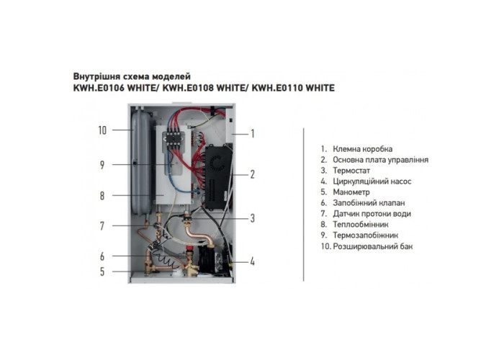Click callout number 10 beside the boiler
[x=102, y=130]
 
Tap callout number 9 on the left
[x=102, y=165]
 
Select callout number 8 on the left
[x=102, y=195]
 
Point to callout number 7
[x=102, y=225]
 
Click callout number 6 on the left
[x=102, y=256]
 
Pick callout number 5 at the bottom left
[x=102, y=271]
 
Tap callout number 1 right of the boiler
[x=253, y=133]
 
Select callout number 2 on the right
[x=253, y=174]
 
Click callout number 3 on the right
[x=253, y=217]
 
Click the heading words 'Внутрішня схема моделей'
[x=134, y=76]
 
